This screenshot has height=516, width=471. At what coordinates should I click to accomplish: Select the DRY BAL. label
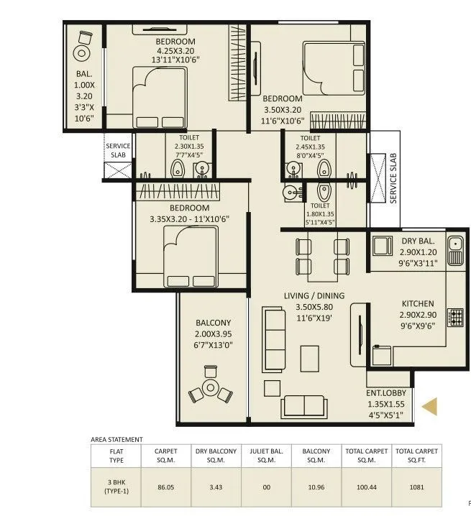(x=418, y=242)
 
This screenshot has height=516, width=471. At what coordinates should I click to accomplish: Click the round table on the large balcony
(x=210, y=387)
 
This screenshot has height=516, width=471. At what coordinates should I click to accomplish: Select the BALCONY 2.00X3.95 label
(x=213, y=333)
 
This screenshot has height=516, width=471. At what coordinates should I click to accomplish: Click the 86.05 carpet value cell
(x=166, y=487)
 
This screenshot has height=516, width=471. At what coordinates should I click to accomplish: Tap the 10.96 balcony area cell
(x=316, y=487)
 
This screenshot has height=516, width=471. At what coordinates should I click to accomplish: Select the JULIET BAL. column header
(x=266, y=456)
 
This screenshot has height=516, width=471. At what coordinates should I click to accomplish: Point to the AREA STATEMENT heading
(x=116, y=439)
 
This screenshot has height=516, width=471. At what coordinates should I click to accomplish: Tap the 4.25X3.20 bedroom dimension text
(x=175, y=51)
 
